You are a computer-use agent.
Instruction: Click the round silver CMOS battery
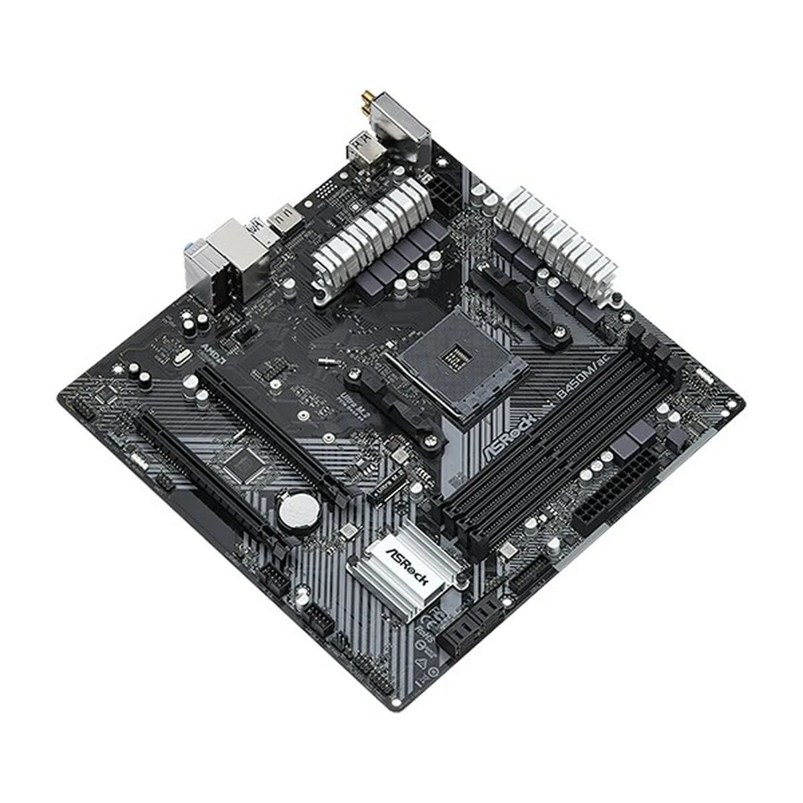[298, 512]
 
